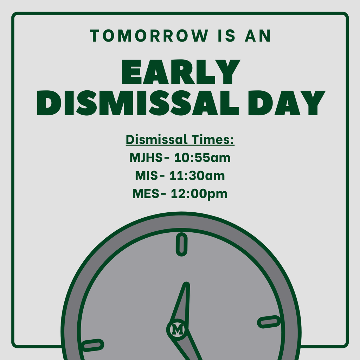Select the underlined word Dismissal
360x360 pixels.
(156, 140)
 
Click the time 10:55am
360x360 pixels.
(202, 157)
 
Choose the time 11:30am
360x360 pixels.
(197, 175)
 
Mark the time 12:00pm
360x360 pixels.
(199, 193)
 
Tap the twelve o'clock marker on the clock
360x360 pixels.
(181, 244)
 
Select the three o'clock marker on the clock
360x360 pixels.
(269, 322)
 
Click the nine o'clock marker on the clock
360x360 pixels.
(92, 345)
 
